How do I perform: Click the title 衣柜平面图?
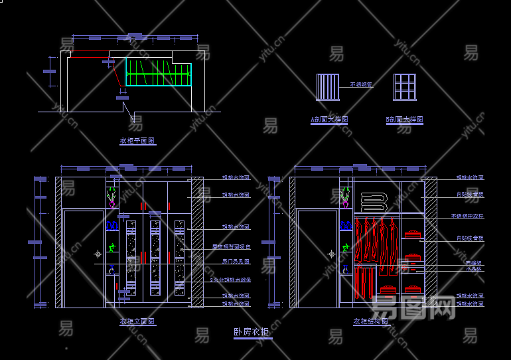tap(137, 141)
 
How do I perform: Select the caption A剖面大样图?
tap(329, 120)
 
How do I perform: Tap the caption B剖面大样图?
tap(404, 120)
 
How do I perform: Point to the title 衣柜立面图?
tap(137, 321)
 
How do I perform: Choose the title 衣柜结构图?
tap(371, 321)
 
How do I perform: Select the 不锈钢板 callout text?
tap(361, 84)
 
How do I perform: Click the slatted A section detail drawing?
tap(327, 86)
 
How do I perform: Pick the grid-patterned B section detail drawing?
tap(404, 86)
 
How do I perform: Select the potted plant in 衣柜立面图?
tap(111, 197)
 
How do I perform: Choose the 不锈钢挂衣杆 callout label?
tap(467, 216)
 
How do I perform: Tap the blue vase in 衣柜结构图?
tap(344, 269)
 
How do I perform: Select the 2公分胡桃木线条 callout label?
tap(230, 280)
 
